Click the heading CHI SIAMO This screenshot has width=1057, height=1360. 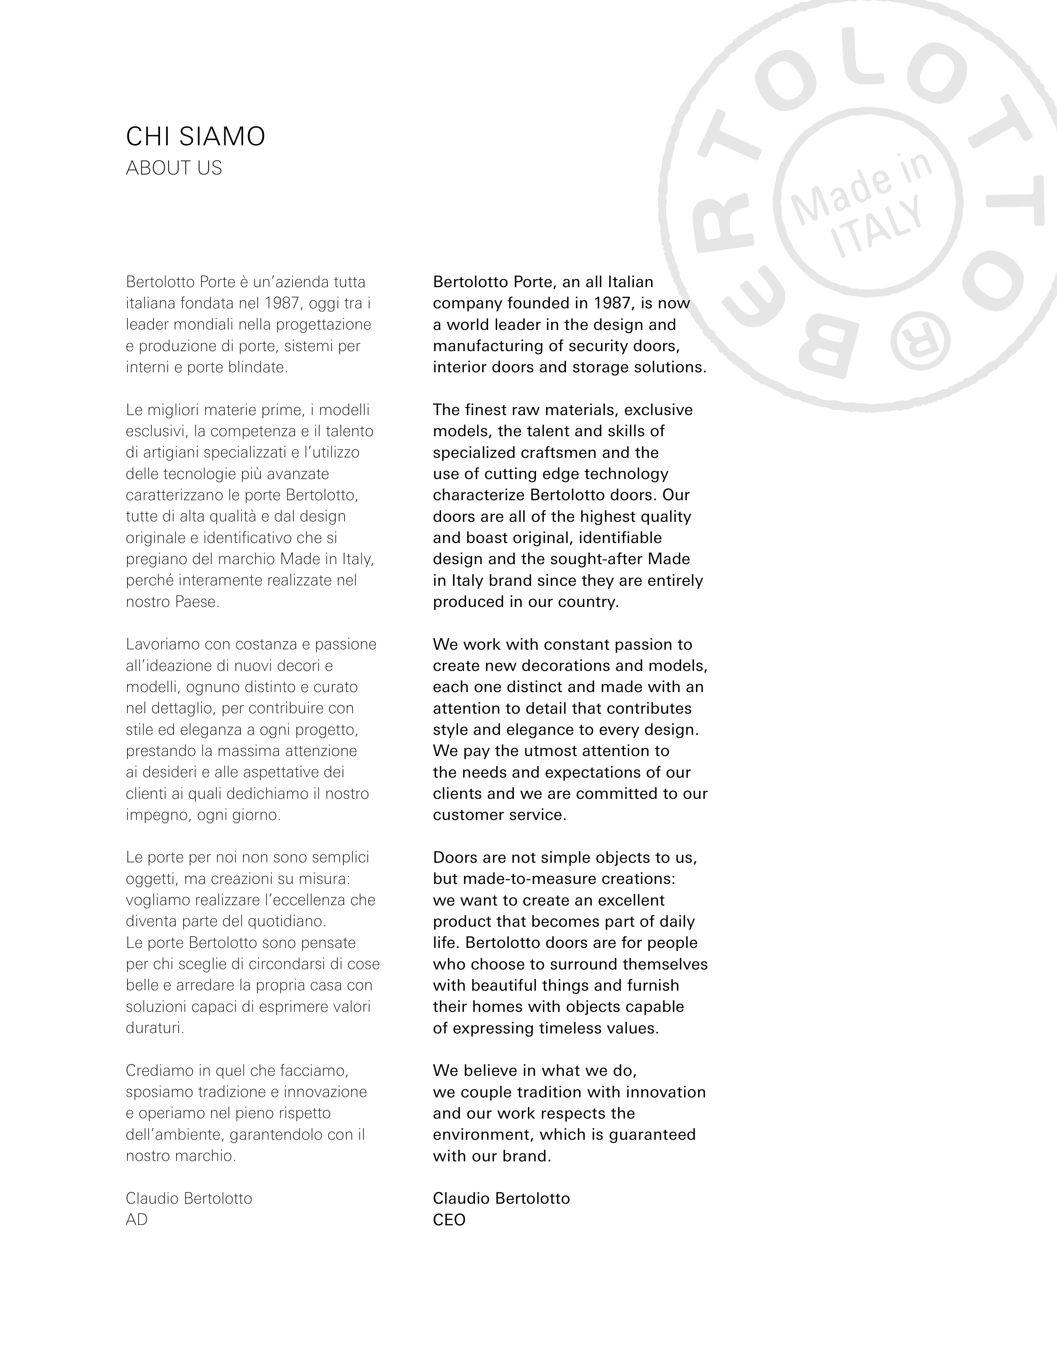[196, 136]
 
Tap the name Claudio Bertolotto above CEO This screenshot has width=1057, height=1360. [501, 1199]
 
